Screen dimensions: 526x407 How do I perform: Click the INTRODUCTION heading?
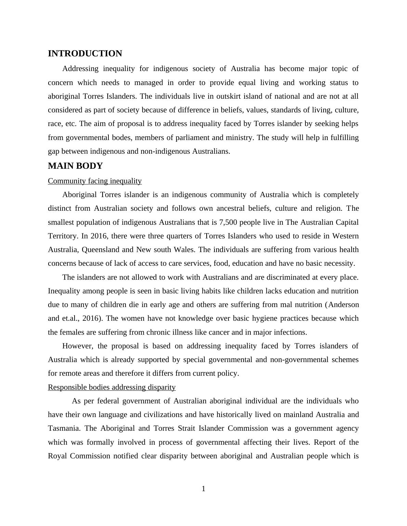[85, 54]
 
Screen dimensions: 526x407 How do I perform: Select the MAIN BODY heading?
[75, 166]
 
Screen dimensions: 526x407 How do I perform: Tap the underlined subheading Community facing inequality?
[95, 181]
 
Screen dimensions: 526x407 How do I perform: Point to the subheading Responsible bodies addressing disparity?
[111, 387]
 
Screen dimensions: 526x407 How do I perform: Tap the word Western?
[345, 236]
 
